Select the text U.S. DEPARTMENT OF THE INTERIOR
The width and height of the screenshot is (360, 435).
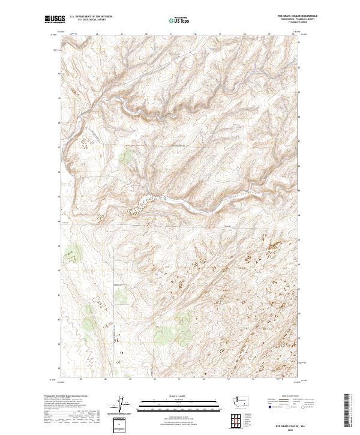[91, 17]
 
